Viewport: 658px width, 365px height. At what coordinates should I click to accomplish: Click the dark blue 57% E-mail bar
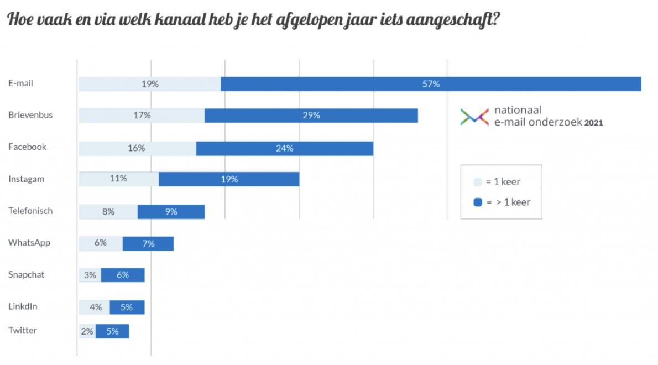(x=431, y=84)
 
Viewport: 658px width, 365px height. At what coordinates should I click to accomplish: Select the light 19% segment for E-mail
(x=150, y=84)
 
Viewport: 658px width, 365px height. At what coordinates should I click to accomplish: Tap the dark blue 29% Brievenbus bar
(x=311, y=116)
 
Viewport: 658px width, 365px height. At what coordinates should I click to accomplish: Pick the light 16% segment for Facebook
(x=137, y=148)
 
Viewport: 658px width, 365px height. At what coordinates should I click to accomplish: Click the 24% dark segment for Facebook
(x=285, y=148)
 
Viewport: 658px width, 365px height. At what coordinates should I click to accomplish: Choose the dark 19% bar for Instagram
(x=229, y=179)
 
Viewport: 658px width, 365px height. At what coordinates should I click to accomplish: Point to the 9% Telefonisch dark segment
(x=171, y=211)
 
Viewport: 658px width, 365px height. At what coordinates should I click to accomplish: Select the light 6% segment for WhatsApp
(x=101, y=243)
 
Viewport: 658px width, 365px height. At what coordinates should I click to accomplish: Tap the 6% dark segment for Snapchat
(x=122, y=275)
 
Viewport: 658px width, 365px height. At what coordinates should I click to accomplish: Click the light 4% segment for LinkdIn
(x=95, y=307)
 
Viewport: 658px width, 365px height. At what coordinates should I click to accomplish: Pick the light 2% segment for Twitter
(x=87, y=331)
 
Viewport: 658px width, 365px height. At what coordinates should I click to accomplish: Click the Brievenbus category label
(x=30, y=115)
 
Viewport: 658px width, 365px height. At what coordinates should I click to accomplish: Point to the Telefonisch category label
(x=30, y=211)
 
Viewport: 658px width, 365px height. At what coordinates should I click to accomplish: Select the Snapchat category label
(x=26, y=274)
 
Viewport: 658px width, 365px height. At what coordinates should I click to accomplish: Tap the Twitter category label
(x=23, y=330)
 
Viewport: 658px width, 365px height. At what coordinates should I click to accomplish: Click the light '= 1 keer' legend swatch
(x=478, y=182)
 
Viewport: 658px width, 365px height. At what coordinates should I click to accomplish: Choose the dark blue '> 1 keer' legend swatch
(x=478, y=202)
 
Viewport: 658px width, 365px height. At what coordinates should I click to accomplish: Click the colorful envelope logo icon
(x=474, y=117)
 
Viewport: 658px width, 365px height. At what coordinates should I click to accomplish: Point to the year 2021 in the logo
(x=593, y=123)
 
